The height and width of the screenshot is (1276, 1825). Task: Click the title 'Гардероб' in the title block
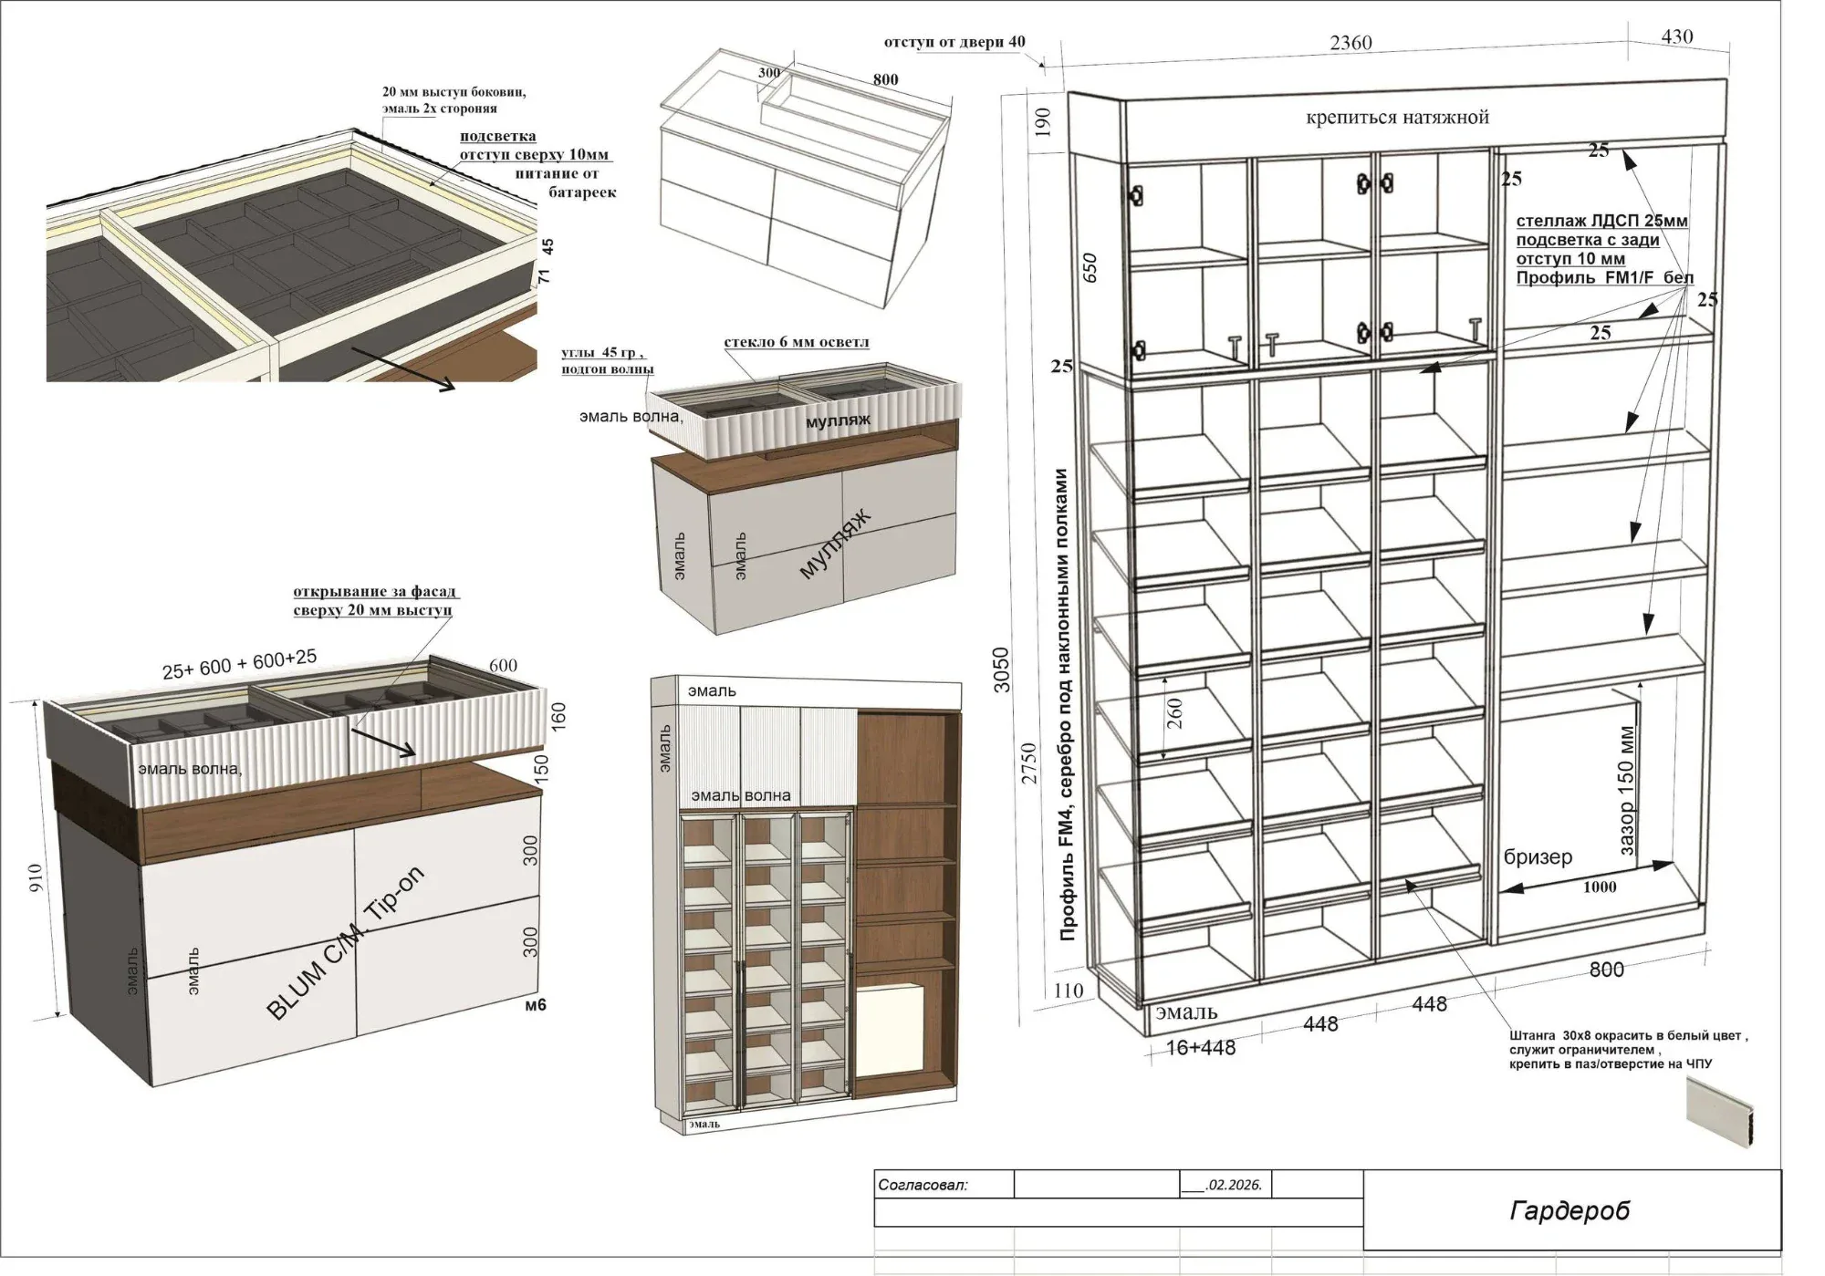(x=1569, y=1210)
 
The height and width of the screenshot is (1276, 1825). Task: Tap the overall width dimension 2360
(x=1350, y=43)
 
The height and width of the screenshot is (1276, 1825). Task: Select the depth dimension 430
(x=1677, y=36)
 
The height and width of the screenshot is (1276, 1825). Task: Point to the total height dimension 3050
(x=1001, y=669)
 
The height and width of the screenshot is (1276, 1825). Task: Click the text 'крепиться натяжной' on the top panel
(x=1397, y=117)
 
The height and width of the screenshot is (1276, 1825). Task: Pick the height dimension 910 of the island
(x=36, y=878)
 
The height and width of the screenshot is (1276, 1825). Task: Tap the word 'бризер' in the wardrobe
(x=1538, y=856)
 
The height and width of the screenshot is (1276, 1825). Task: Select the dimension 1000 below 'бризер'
(x=1600, y=887)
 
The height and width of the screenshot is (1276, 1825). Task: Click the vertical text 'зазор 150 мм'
(x=1627, y=791)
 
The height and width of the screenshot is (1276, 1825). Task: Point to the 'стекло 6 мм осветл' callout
(x=797, y=343)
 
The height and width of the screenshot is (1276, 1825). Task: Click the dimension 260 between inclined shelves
(x=1174, y=713)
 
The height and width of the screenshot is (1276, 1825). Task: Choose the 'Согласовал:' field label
(x=923, y=1186)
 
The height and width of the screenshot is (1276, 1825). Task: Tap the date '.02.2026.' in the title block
(x=1234, y=1186)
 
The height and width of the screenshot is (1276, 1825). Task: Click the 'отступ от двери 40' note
(x=954, y=42)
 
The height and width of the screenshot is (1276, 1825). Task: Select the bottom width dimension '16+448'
(x=1201, y=1048)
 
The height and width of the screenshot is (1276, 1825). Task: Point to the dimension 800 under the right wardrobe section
(x=1606, y=970)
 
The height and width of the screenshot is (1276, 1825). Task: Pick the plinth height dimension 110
(x=1068, y=991)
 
